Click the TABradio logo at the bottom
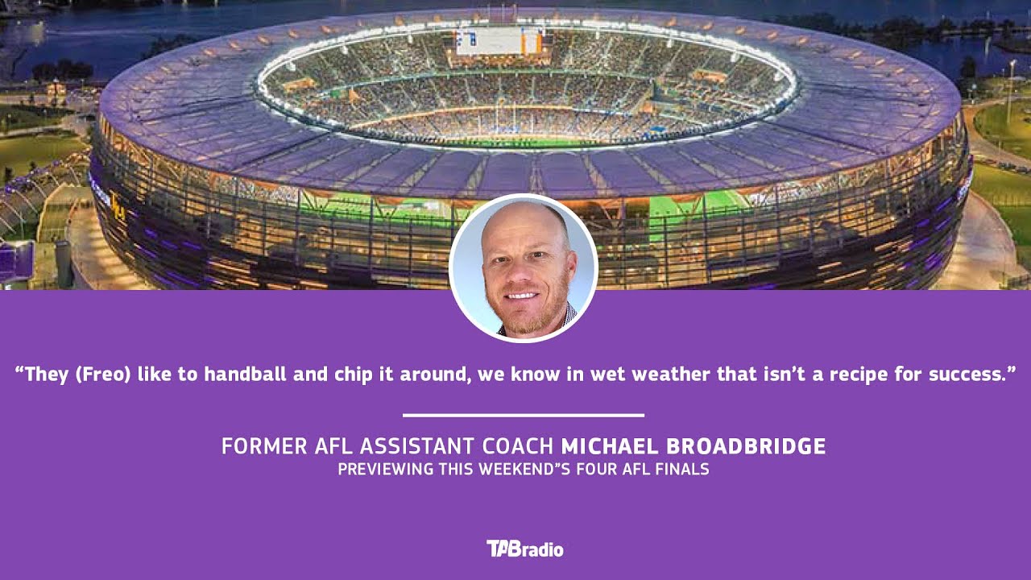pyautogui.click(x=524, y=549)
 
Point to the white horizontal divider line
pyautogui.click(x=523, y=416)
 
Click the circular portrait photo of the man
pyautogui.click(x=523, y=268)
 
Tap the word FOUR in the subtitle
pyautogui.click(x=597, y=469)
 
